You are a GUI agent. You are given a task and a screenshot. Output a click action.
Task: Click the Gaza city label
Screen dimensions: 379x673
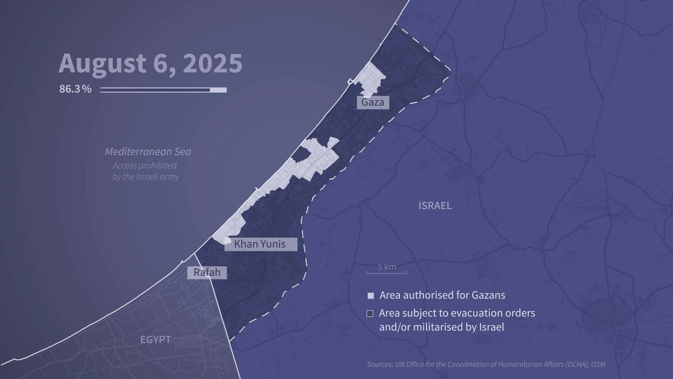(x=373, y=102)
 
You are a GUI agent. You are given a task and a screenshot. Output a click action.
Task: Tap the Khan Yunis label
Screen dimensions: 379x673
(x=260, y=244)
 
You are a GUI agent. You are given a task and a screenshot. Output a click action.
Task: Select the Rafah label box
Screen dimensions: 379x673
(x=207, y=272)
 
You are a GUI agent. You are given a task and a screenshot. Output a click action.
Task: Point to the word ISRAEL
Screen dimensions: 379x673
(x=435, y=206)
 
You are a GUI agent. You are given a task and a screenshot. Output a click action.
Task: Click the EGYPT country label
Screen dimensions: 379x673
(x=156, y=340)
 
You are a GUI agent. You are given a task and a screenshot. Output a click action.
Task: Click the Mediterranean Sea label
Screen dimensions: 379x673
(x=148, y=152)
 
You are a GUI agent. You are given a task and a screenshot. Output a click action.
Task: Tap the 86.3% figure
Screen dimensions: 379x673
(x=75, y=89)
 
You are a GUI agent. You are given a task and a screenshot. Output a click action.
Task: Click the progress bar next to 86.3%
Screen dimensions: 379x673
(x=163, y=90)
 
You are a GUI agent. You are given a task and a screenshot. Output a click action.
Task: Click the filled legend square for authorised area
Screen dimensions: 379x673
(x=371, y=295)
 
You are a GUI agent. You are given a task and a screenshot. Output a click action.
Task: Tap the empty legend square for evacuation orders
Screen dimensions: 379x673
(x=370, y=313)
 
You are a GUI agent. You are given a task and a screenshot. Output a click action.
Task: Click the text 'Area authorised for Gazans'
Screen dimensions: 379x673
(x=442, y=295)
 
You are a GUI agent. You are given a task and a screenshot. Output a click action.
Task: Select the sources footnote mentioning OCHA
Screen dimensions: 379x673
(x=486, y=364)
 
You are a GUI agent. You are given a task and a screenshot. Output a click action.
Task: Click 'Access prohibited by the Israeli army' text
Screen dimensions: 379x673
(x=145, y=171)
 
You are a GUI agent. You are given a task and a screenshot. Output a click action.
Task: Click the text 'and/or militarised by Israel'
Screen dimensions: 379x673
(x=441, y=327)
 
